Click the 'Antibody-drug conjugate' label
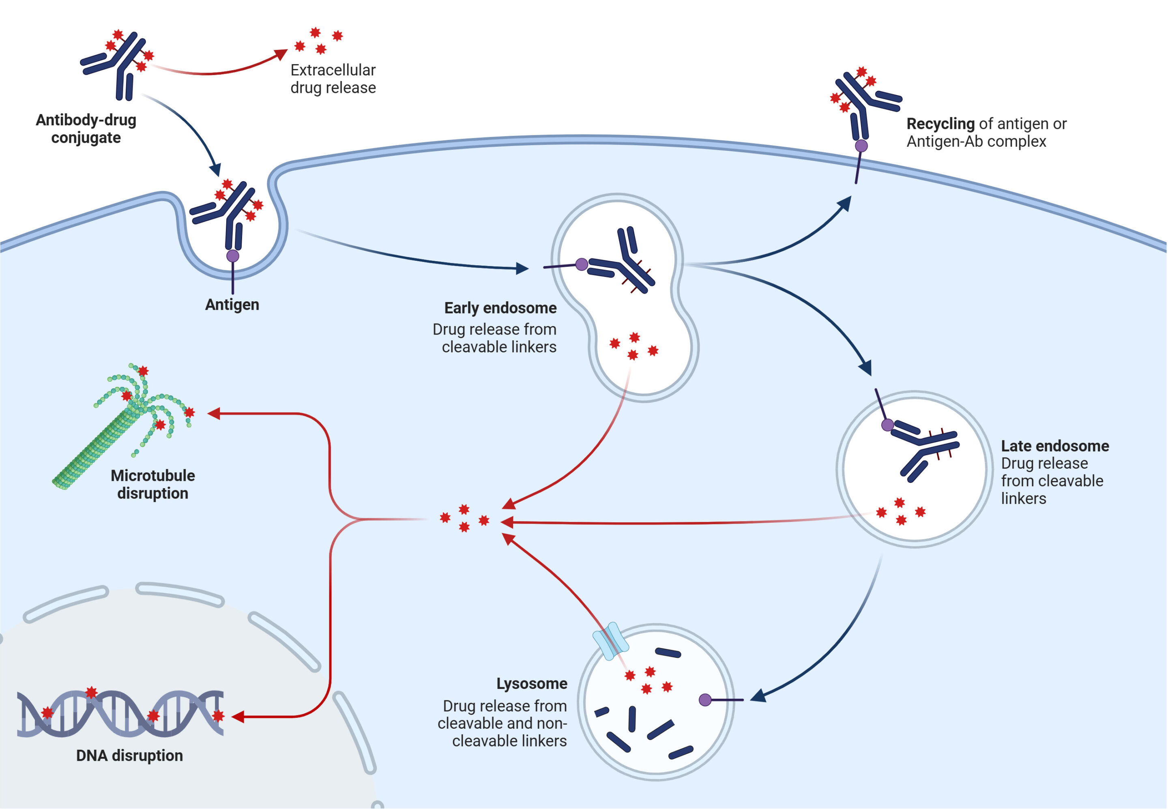(86, 129)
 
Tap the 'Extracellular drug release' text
(333, 79)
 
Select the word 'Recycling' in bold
(940, 124)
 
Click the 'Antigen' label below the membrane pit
(232, 305)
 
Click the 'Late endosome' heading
(1054, 446)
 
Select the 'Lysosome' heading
(531, 683)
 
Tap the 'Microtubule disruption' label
(152, 484)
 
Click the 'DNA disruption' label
(129, 755)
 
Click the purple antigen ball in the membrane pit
(233, 256)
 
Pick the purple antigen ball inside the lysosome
(705, 700)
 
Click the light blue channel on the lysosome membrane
(611, 641)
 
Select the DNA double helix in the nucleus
(120, 713)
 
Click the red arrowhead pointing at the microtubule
(213, 414)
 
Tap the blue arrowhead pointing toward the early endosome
(522, 268)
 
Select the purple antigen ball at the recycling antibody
(861, 146)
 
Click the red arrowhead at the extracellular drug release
(281, 54)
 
